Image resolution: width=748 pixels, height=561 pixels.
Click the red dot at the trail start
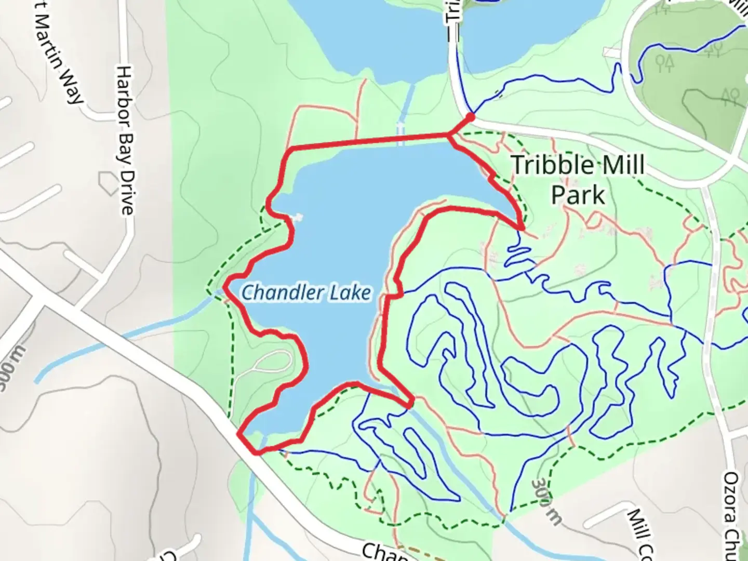471,117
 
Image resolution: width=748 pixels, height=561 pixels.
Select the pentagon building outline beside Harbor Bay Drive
109,183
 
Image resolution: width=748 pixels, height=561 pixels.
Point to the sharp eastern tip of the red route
522,228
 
